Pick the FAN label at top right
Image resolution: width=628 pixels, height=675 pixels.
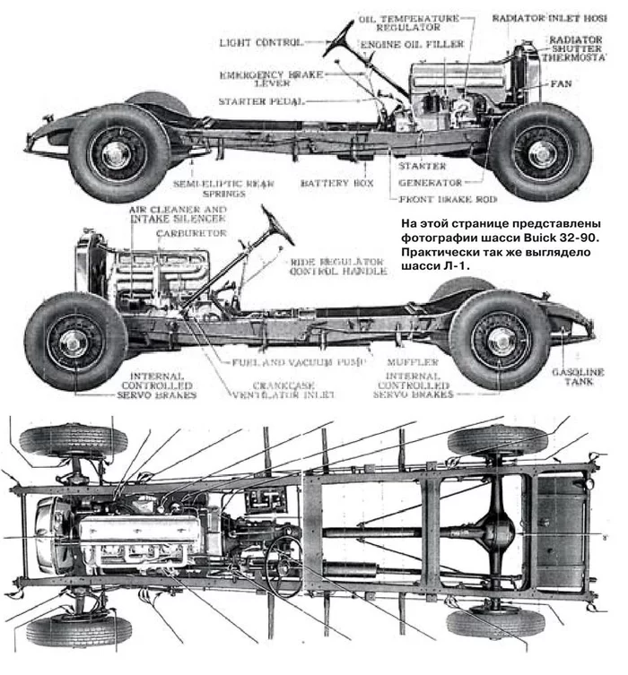point(561,83)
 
